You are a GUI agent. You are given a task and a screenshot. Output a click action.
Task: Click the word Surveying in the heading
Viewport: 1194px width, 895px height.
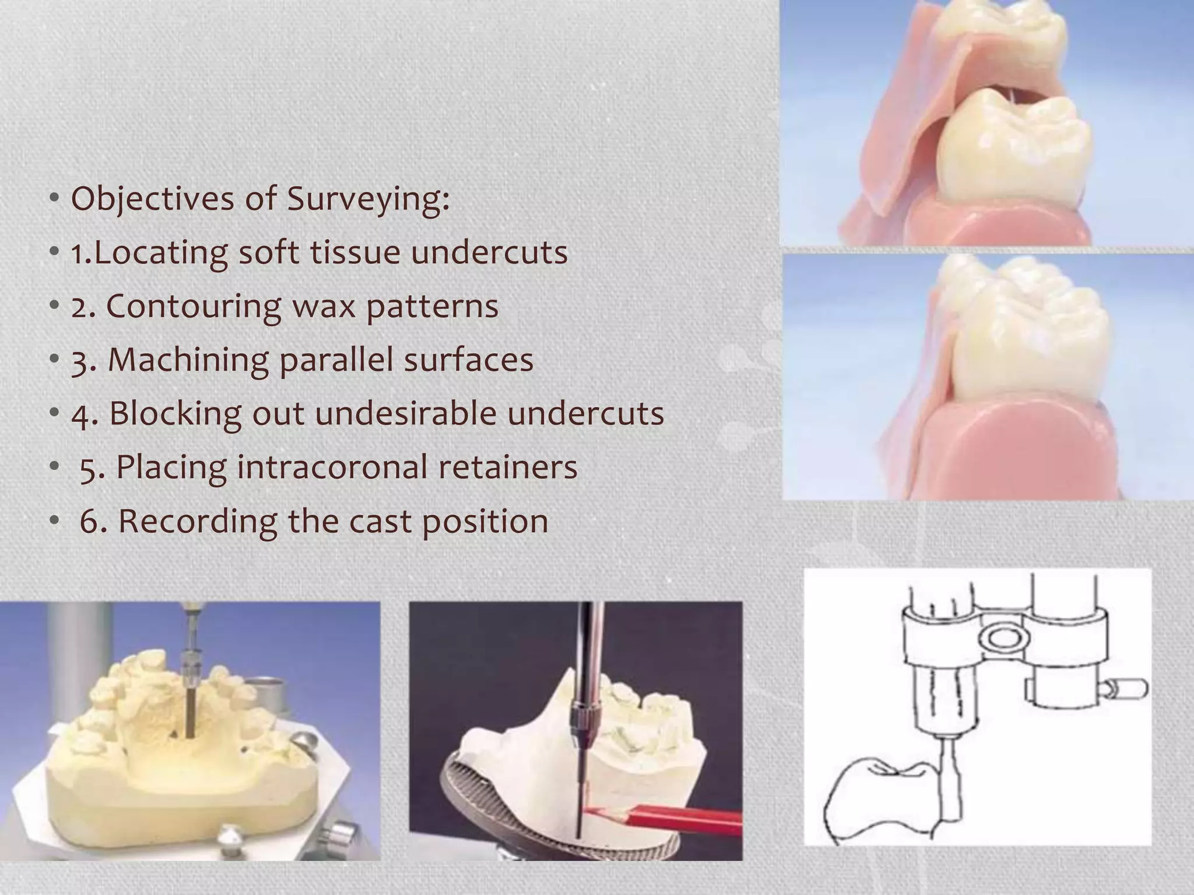368,199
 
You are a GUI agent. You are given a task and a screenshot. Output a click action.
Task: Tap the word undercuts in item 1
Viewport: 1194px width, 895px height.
489,253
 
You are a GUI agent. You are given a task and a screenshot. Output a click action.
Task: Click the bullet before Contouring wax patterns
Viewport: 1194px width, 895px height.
54,306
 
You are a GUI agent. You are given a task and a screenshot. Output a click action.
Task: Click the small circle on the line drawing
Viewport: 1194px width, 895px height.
1001,639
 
